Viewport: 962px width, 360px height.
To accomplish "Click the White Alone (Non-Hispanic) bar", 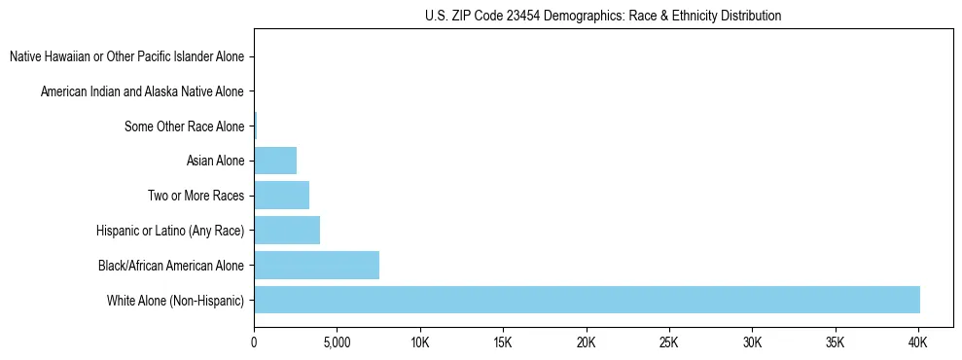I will click(x=587, y=300).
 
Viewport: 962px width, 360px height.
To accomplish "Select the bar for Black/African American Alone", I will click(x=316, y=265).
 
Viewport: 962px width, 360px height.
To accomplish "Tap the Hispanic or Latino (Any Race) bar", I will click(x=287, y=231).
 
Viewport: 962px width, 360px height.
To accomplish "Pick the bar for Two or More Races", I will click(x=281, y=196).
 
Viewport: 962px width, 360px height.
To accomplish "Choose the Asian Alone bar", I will click(x=275, y=161).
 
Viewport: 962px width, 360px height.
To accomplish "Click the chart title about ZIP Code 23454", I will click(x=603, y=16).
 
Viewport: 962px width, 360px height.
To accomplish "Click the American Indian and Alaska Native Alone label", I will click(x=142, y=91).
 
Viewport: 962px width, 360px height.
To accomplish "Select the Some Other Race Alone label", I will click(x=184, y=126).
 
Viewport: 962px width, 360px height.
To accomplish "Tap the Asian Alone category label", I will click(x=215, y=161).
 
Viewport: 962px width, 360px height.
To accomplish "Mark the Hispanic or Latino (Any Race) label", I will click(x=170, y=231).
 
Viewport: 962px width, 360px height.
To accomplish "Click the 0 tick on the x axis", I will click(x=254, y=343).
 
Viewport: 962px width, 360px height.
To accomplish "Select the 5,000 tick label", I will click(x=337, y=343).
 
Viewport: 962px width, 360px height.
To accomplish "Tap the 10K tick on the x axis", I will click(x=420, y=343).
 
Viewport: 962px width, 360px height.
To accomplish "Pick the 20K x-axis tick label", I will click(x=586, y=343).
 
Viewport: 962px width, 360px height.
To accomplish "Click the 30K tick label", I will click(x=752, y=343).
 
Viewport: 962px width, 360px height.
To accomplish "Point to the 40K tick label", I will click(x=917, y=343).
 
